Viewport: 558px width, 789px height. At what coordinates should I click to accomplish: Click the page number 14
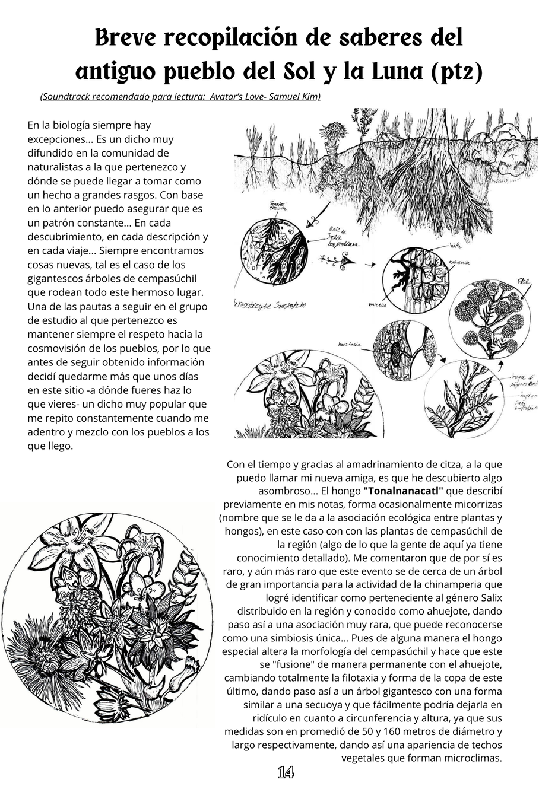pyautogui.click(x=286, y=772)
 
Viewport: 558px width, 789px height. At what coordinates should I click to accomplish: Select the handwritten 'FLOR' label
pyautogui.click(x=524, y=280)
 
